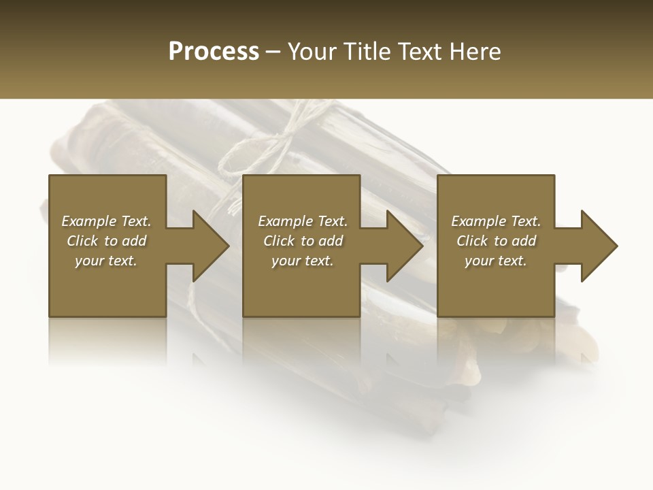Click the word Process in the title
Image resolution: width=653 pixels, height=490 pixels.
click(x=214, y=52)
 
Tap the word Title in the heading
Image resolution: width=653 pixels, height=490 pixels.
click(x=367, y=52)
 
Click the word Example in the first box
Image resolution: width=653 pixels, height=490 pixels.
click(x=89, y=221)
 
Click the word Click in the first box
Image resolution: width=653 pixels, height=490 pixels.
click(x=82, y=241)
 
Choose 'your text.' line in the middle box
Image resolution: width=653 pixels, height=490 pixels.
click(x=302, y=261)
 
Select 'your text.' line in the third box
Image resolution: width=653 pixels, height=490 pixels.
click(x=495, y=261)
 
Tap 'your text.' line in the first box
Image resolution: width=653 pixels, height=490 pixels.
click(x=105, y=261)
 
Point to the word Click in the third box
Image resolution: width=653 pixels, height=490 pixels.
click(x=472, y=241)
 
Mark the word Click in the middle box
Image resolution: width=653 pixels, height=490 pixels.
click(x=279, y=241)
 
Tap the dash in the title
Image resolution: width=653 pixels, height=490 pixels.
click(x=273, y=52)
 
